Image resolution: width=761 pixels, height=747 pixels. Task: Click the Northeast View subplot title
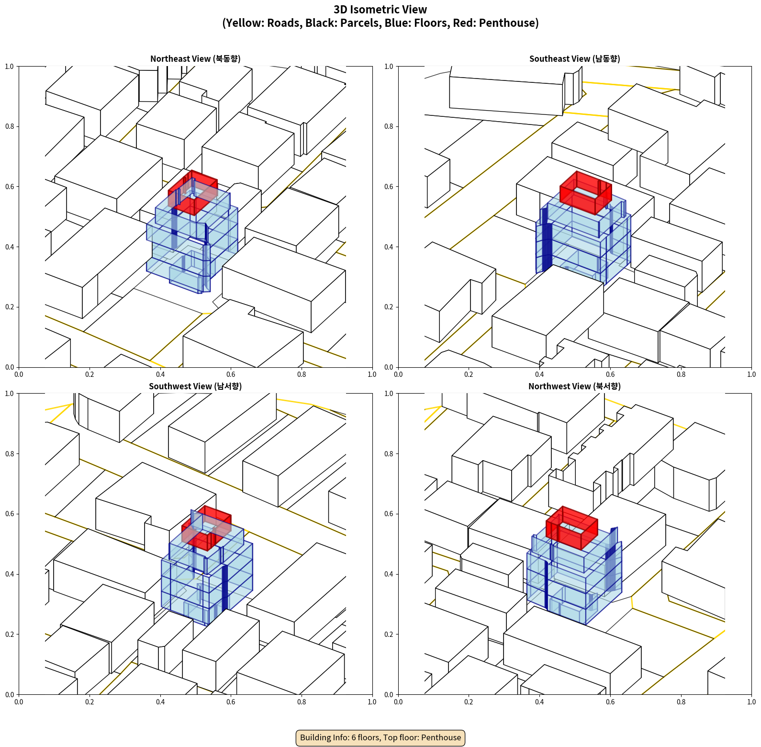(195, 59)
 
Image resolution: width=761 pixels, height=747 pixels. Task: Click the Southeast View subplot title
(574, 59)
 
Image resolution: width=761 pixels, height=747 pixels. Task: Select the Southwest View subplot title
(195, 386)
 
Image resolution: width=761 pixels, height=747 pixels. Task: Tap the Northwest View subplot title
(574, 386)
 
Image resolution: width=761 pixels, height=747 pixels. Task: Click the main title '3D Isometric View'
(380, 10)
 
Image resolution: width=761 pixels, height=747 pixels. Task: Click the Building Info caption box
(380, 737)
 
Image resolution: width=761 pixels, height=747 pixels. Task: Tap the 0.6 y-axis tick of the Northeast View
(10, 187)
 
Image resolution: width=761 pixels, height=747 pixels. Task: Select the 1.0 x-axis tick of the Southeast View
(751, 374)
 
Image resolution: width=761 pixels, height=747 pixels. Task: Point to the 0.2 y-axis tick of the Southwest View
(10, 634)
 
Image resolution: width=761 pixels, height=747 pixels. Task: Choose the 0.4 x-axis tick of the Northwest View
(539, 702)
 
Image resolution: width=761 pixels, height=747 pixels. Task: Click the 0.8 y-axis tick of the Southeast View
(389, 126)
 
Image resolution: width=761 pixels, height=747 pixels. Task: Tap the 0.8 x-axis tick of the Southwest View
(302, 702)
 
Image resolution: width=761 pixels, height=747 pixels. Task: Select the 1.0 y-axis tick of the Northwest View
(389, 394)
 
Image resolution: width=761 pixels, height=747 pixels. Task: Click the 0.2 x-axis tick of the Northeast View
(90, 374)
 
